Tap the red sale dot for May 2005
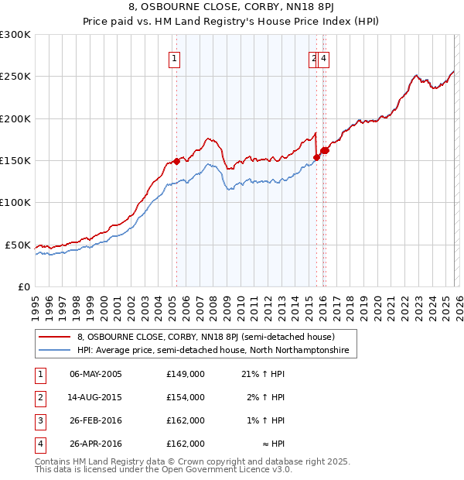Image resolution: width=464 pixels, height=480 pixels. pos(176,161)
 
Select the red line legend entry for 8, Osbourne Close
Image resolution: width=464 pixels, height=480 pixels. pos(205,338)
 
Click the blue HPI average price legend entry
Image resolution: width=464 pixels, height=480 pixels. pos(213,351)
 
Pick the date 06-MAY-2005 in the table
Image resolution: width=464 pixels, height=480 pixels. pos(96,374)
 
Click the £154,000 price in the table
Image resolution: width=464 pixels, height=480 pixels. pos(186,397)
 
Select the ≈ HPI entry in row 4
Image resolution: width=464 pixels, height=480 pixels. pos(272,444)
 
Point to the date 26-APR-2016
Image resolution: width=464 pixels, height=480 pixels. pos(96,444)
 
